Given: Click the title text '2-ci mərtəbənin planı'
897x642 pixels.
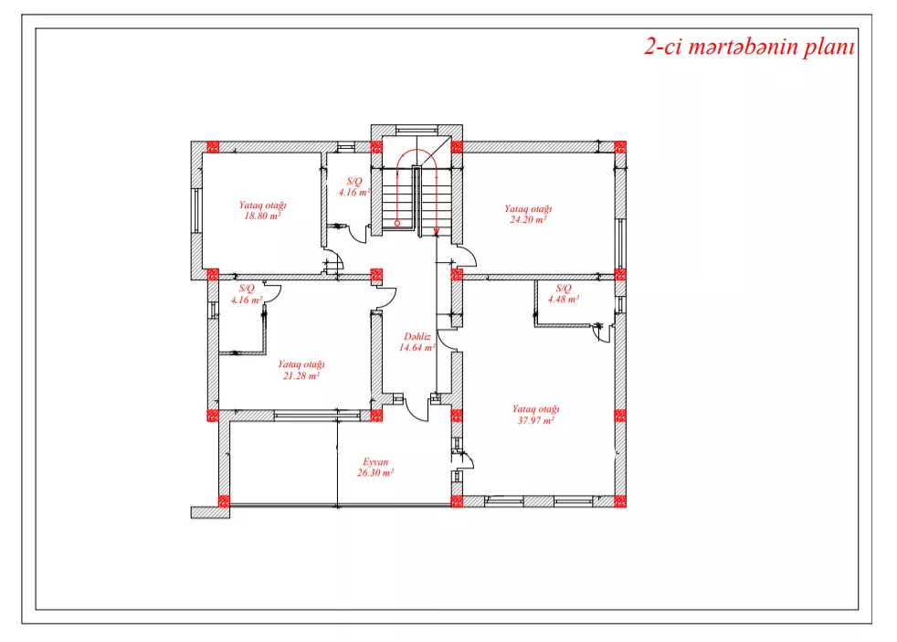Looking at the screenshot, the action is [x=749, y=47].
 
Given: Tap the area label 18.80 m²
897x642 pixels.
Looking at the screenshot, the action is [x=262, y=216].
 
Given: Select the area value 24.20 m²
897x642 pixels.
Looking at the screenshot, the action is [x=527, y=219].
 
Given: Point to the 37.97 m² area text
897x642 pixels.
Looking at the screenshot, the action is [x=535, y=420].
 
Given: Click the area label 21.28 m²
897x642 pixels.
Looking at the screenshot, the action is [x=301, y=375].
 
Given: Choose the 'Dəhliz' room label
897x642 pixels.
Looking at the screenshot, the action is [x=417, y=337].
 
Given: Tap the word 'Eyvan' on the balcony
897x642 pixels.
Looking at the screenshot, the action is [x=375, y=462].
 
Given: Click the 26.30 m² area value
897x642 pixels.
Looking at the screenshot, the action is [x=375, y=473].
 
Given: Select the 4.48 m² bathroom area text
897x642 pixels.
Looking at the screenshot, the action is [x=564, y=299].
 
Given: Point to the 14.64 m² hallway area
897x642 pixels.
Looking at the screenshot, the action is [x=417, y=348].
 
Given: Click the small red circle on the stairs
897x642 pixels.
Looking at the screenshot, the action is [x=397, y=223].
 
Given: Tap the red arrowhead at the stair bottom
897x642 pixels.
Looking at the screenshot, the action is [x=437, y=232].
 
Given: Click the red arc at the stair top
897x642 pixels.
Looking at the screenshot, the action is [x=417, y=150].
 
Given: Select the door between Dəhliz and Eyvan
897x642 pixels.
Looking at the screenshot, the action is [x=417, y=408].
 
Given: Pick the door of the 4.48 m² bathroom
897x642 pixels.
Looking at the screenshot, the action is [x=601, y=332].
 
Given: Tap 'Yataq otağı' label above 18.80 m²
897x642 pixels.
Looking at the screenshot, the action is [x=262, y=205].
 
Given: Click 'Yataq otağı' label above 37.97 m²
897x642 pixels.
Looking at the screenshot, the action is [x=535, y=409].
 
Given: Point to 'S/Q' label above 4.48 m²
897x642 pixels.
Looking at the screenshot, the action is [x=564, y=289].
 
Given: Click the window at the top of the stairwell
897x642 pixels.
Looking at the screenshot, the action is [x=417, y=131].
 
